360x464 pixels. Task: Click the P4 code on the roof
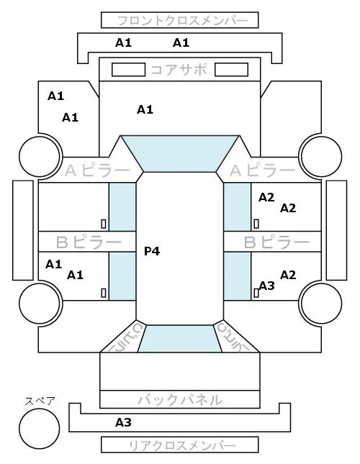pos(152,251)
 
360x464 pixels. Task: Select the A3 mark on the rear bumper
pos(123,422)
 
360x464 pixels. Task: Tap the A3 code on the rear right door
pos(266,286)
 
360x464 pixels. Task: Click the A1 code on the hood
pos(145,110)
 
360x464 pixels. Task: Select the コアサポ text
pos(179,70)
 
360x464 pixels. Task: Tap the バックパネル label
pos(180,400)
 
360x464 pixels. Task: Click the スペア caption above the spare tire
pos(40,401)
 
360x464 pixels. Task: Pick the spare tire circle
pos(40,429)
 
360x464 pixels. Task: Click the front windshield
pos(180,153)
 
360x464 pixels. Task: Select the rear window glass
pos(180,339)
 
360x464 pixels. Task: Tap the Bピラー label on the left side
pos(89,242)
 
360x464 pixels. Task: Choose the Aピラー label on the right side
pos(263,170)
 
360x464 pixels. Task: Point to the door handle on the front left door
pos(104,224)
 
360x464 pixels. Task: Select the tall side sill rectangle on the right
pos(336,230)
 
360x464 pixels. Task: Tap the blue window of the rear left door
pos(122,276)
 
